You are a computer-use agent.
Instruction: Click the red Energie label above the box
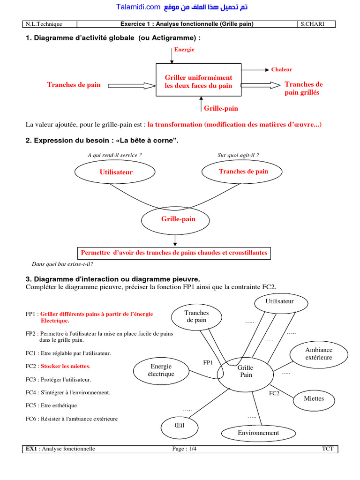pyautogui.click(x=184, y=49)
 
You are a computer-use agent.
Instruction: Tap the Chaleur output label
pyautogui.click(x=281, y=69)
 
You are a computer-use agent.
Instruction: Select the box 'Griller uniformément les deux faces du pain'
pyautogui.click(x=198, y=81)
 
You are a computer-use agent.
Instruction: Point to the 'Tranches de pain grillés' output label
pyautogui.click(x=303, y=88)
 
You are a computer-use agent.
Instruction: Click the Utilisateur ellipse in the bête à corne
pyautogui.click(x=116, y=172)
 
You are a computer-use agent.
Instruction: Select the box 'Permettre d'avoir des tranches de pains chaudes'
pyautogui.click(x=174, y=253)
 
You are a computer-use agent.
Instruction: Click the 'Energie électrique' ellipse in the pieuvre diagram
pyautogui.click(x=161, y=370)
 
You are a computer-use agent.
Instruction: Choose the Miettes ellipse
pyautogui.click(x=314, y=399)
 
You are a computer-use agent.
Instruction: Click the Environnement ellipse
pyautogui.click(x=258, y=433)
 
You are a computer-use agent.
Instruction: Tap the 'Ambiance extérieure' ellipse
pyautogui.click(x=318, y=353)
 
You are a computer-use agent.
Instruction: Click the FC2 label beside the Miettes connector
pyautogui.click(x=274, y=393)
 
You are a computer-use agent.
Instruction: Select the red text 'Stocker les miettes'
pyautogui.click(x=65, y=366)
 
